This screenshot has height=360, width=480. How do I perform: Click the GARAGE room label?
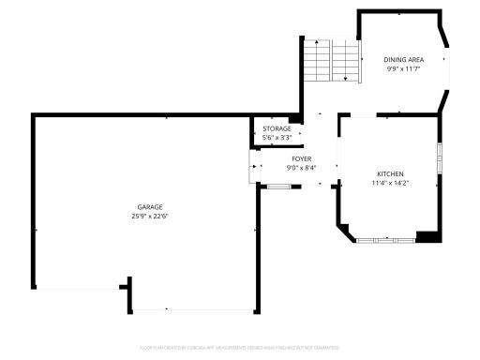point(150,206)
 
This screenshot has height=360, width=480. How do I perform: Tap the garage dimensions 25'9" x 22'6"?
point(150,217)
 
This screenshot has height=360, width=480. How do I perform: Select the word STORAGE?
point(277,128)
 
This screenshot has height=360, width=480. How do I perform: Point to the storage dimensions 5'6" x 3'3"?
point(277,138)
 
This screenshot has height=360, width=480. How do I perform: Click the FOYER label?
point(301,159)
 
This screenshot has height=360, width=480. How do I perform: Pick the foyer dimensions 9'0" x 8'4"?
point(301,169)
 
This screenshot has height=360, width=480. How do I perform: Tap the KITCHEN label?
point(390,174)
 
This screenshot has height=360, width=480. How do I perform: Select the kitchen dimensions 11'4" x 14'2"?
point(390,184)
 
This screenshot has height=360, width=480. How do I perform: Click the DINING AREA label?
point(404,60)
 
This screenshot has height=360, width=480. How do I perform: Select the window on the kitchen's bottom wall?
point(384,241)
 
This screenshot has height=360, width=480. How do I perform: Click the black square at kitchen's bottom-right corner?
point(428,236)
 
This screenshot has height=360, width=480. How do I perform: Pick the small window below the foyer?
point(278,187)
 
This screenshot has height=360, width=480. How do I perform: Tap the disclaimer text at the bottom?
point(240,346)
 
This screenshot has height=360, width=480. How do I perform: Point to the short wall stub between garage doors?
point(128,293)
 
